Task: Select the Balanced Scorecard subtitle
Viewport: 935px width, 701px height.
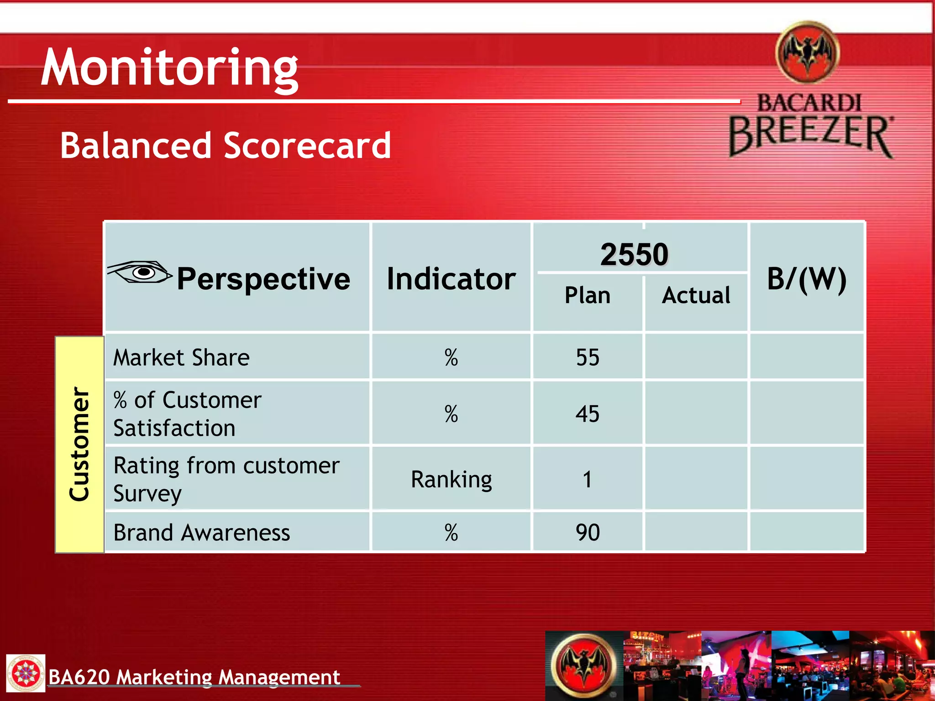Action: (x=226, y=146)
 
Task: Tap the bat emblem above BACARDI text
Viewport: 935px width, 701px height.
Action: (x=808, y=52)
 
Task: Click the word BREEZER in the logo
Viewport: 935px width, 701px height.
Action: (x=810, y=134)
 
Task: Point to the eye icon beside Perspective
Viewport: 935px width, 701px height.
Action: (x=140, y=272)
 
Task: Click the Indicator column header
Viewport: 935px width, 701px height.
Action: (x=451, y=279)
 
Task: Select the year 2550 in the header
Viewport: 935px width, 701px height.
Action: (x=634, y=254)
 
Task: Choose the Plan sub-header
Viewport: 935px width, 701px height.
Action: (x=587, y=295)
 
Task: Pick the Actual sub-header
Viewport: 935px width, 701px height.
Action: (x=696, y=295)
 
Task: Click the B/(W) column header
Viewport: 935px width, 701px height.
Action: (x=807, y=279)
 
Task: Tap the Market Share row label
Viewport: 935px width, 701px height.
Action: (x=181, y=357)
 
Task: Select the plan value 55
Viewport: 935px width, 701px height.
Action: (x=587, y=357)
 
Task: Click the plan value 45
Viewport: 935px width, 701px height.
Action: (x=587, y=414)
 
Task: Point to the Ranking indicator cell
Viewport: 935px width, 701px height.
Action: (x=451, y=479)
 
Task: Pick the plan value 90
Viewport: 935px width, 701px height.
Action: (x=587, y=533)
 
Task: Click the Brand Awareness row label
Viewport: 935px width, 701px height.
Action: (x=201, y=533)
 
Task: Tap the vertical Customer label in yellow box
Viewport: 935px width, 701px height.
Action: (x=79, y=444)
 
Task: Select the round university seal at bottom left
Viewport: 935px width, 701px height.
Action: (x=26, y=673)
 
